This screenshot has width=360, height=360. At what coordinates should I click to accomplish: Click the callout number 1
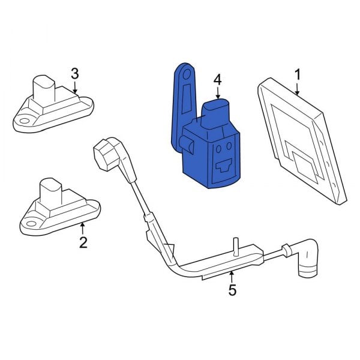click(298, 75)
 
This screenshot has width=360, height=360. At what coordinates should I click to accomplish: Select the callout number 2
click(83, 242)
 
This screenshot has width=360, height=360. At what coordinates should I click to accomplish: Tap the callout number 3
click(75, 73)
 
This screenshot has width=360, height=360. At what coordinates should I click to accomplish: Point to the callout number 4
click(218, 80)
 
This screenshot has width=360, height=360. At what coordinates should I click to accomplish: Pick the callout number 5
click(232, 290)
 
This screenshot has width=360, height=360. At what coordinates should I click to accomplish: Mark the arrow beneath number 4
click(218, 94)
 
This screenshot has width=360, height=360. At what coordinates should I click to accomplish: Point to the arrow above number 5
click(232, 277)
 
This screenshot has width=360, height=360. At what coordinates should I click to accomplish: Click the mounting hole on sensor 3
click(23, 121)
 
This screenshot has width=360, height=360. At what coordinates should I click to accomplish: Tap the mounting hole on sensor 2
click(31, 224)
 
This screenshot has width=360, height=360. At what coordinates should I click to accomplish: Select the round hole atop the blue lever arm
click(187, 74)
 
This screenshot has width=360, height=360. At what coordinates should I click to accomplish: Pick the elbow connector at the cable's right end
click(307, 257)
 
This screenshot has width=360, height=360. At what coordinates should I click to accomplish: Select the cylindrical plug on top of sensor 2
click(51, 191)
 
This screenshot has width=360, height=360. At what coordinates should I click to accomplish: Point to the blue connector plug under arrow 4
click(215, 113)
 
